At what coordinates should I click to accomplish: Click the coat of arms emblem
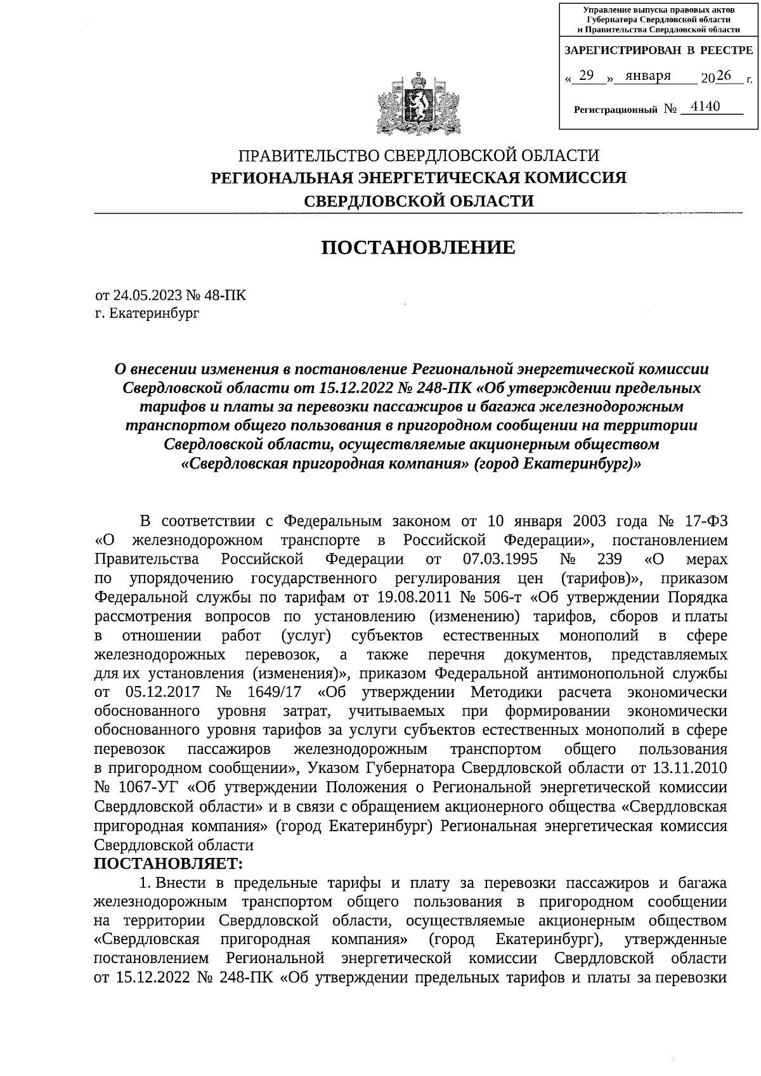pos(418,105)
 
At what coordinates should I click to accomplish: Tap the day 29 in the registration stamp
pos(586,76)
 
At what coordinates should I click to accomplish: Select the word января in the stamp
pos(647,76)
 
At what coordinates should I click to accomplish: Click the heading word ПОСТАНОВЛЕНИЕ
pos(419,247)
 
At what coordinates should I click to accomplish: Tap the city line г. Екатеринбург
pos(146,313)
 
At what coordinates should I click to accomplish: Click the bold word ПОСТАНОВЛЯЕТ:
pos(169,863)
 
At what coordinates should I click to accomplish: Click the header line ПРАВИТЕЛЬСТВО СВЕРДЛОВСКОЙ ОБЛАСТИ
pos(419,155)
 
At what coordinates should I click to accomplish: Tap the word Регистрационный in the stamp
pos(615,110)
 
